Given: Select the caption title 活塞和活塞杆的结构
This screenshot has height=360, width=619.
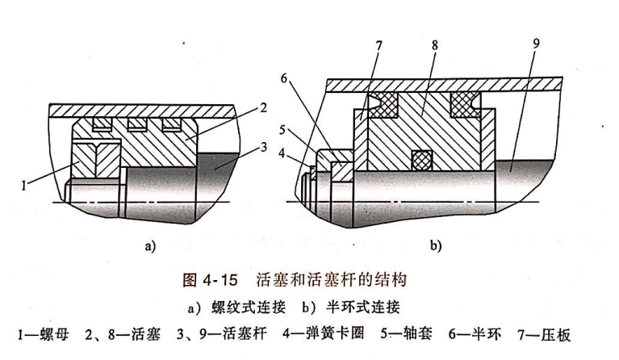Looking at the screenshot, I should (x=334, y=281).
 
